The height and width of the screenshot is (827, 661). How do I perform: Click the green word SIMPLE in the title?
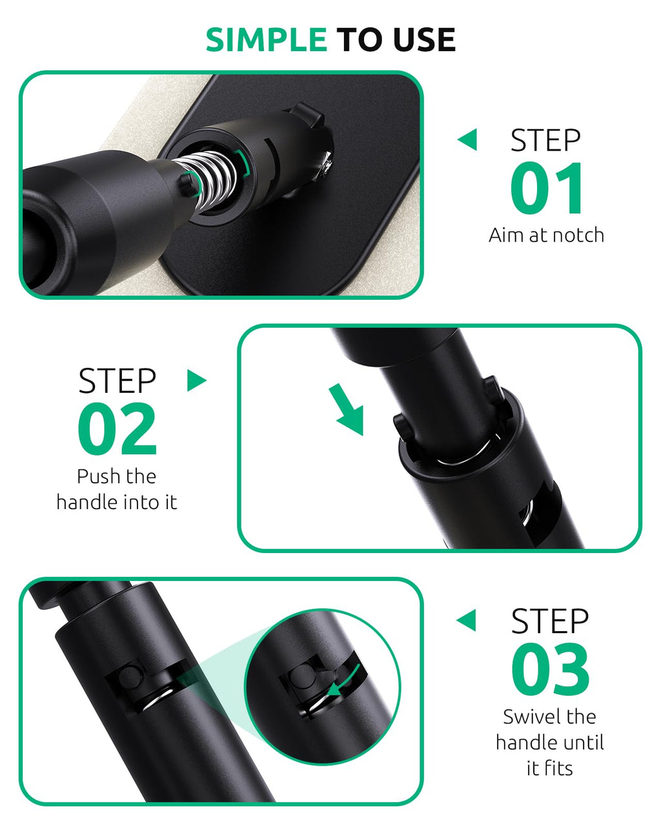tap(266, 39)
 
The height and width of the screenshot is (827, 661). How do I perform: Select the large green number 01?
tap(545, 187)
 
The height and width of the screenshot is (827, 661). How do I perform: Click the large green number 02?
tap(117, 428)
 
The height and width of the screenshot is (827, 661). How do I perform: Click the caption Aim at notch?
tap(546, 235)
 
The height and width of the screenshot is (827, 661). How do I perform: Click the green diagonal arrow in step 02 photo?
tap(347, 410)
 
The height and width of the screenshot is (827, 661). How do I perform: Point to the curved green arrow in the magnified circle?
tap(344, 682)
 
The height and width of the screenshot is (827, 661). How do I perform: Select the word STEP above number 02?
tap(117, 381)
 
